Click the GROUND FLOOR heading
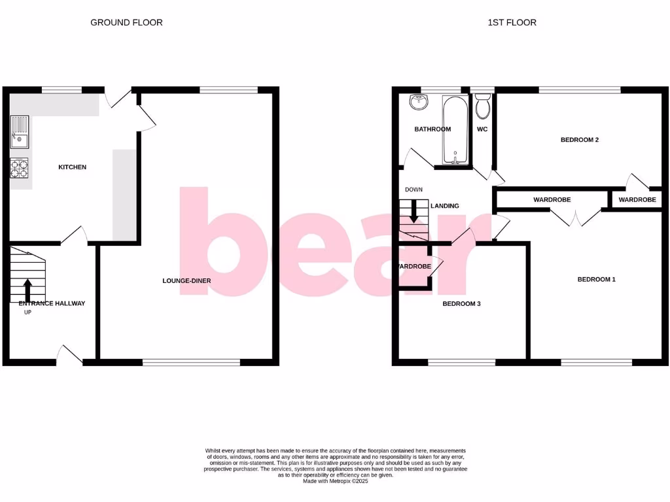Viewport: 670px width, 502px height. click(126, 22)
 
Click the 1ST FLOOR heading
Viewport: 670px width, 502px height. click(512, 22)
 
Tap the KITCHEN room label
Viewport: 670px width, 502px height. click(72, 167)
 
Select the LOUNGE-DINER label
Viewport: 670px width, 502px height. click(186, 281)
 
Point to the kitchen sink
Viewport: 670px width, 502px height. click(20, 130)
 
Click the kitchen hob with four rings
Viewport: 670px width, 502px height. click(20, 168)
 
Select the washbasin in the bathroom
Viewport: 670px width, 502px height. click(418, 103)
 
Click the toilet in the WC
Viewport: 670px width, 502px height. click(483, 106)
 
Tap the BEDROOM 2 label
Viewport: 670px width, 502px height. click(580, 140)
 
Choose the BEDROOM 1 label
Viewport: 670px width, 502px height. click(596, 280)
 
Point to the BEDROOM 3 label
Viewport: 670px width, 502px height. click(462, 304)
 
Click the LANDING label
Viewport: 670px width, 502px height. click(444, 206)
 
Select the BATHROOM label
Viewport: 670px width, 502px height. click(432, 129)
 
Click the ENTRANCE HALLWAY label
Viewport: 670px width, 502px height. click(52, 303)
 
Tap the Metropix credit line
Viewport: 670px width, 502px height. click(335, 482)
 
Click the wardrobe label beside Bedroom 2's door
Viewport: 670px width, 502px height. click(637, 200)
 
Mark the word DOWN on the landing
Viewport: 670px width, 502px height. click(414, 190)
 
